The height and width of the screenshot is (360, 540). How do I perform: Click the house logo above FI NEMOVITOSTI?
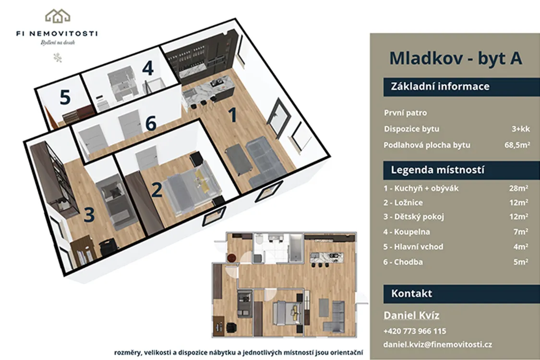pos(58,15)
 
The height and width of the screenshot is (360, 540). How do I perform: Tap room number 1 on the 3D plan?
pos(233,115)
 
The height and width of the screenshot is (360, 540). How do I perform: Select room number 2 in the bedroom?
pos(156,190)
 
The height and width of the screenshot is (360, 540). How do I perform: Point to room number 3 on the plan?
pos(89,214)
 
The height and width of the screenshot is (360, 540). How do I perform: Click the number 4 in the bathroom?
pos(148,68)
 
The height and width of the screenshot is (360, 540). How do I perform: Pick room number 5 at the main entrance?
pos(65,97)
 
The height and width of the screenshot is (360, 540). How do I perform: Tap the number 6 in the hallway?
pos(151,123)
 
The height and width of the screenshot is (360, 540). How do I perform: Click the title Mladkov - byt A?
pos(456,58)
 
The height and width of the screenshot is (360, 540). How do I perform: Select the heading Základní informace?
pos(440,86)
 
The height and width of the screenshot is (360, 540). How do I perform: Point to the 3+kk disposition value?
pos(521,129)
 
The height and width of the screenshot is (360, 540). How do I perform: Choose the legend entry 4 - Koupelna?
pos(407,232)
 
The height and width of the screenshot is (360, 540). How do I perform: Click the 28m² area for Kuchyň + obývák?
pos(519,188)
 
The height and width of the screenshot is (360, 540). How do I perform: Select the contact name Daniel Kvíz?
pos(411,315)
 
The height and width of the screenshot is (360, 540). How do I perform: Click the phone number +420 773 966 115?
pos(415,331)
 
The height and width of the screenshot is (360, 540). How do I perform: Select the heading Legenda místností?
pos(437,170)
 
